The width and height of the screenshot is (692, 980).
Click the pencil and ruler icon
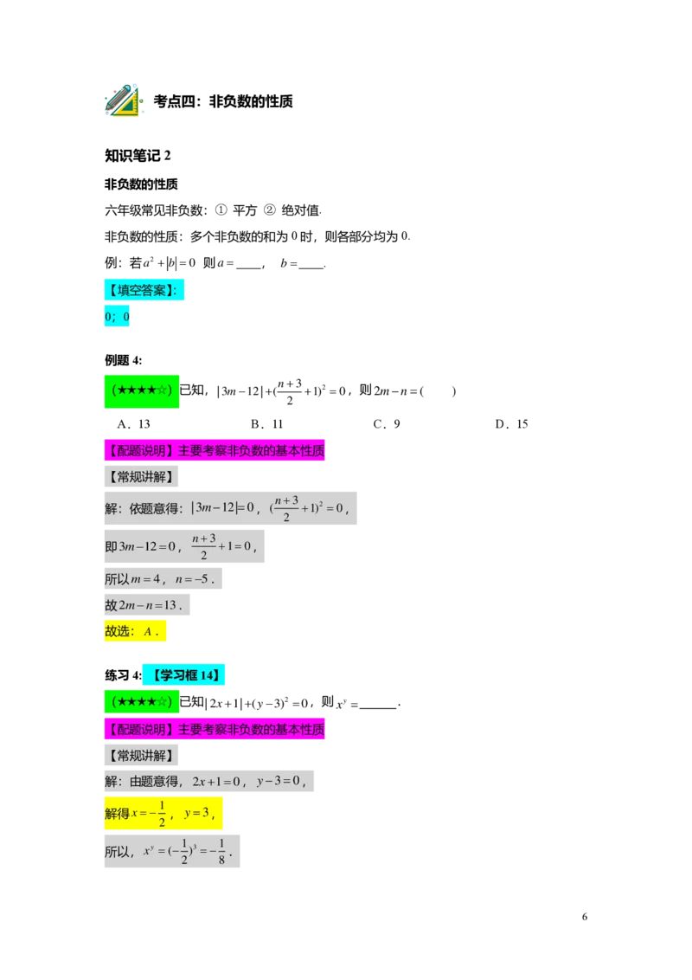[x=122, y=101]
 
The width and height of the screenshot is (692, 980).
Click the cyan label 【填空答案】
[x=144, y=291]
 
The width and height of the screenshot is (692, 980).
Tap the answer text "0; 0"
[x=118, y=318]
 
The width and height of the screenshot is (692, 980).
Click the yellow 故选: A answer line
[x=134, y=631]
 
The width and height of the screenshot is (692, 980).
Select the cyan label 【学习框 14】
[x=183, y=675]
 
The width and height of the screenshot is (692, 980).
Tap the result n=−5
[x=194, y=579]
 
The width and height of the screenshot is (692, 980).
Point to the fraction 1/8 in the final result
[x=221, y=852]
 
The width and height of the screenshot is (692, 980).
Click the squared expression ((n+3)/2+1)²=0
[x=310, y=508]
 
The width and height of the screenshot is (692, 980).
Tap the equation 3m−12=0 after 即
[x=147, y=546]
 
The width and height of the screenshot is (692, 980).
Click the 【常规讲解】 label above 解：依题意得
[x=141, y=476]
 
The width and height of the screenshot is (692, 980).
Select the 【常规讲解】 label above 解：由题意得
[x=141, y=756]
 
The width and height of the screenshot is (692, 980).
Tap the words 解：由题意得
[x=141, y=782]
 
